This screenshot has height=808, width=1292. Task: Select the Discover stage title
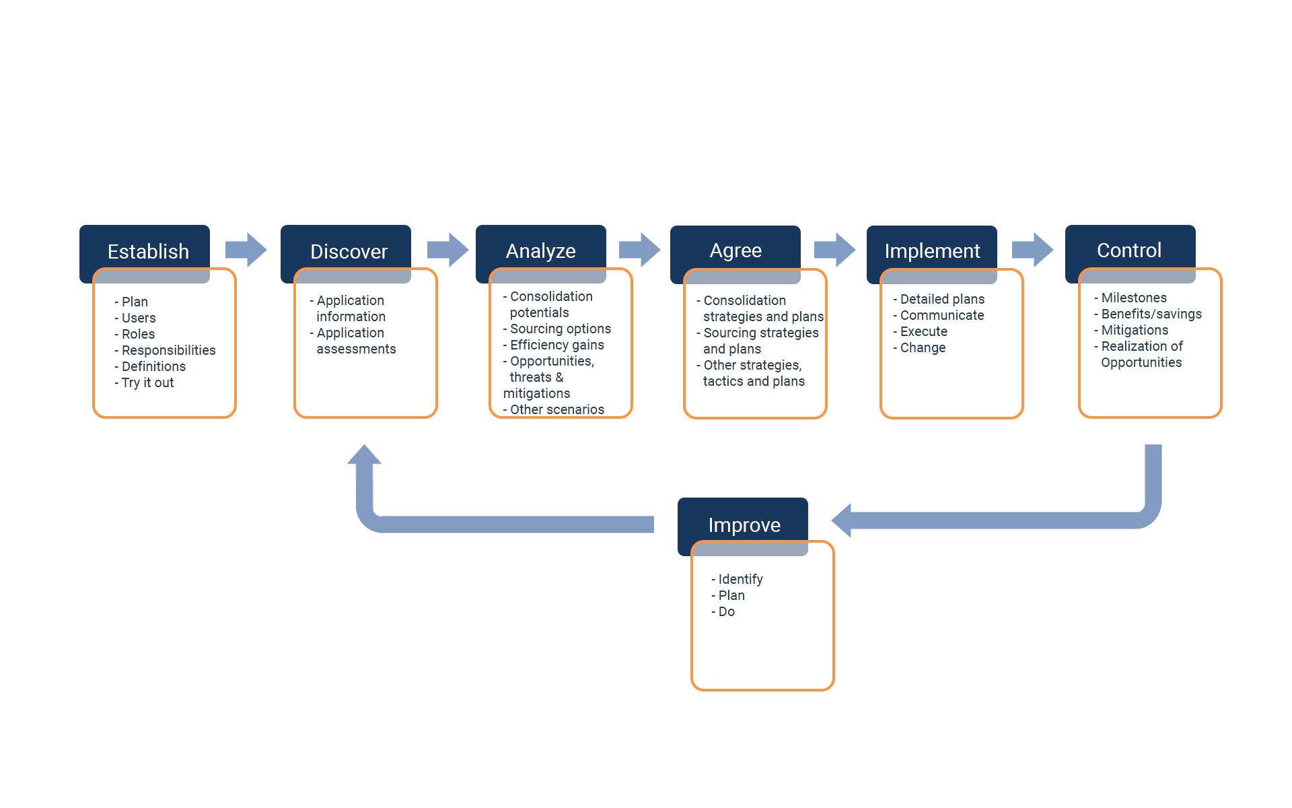pos(349,251)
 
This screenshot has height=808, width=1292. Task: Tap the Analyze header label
pos(540,250)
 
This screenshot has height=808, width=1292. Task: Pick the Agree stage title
pos(735,250)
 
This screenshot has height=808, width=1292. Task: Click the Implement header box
pos(932,250)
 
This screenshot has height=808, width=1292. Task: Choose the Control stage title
pos(1129,250)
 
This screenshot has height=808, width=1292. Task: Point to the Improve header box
pos(744,524)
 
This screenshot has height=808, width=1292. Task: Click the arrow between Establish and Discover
pos(246,250)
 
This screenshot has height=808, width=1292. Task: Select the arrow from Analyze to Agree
pos(639,250)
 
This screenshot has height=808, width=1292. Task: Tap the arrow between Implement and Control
pos(1032,250)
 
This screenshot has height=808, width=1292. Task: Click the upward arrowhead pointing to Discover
pos(364,456)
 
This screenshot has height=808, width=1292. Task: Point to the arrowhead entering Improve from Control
pos(842,520)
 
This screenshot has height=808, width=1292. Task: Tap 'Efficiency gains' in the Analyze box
pos(557,345)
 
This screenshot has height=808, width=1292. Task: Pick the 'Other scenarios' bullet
pos(557,409)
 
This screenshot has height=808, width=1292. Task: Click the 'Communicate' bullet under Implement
pos(941,315)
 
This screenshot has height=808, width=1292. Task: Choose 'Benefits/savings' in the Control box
pos(1151,314)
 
